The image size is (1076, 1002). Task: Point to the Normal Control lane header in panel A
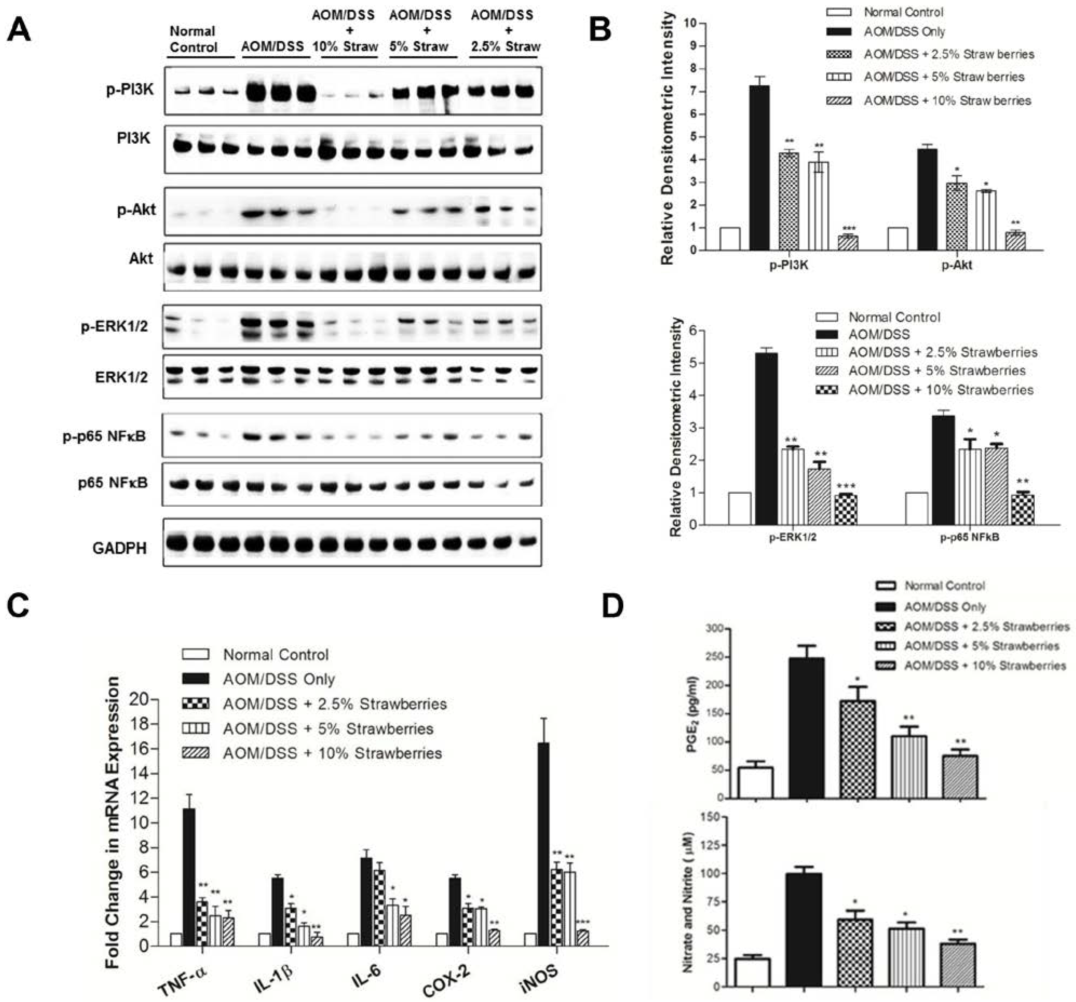click(x=193, y=39)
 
